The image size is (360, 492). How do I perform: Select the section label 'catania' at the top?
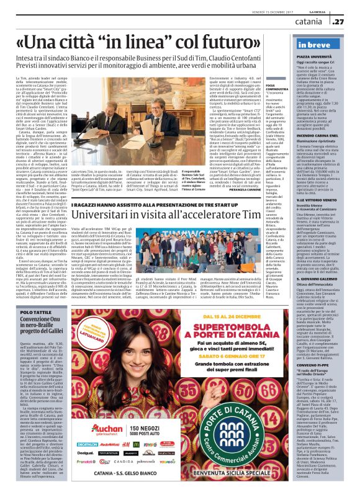pyautogui.click(x=308, y=22)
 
